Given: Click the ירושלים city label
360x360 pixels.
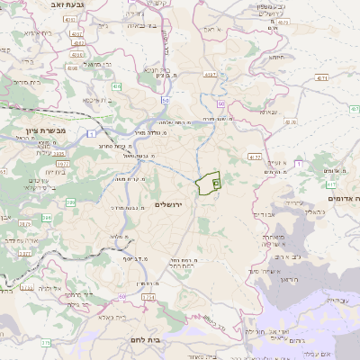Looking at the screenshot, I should point(168,206).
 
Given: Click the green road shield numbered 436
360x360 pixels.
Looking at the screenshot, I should point(117,86).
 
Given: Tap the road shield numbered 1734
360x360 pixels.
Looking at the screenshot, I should point(148,296).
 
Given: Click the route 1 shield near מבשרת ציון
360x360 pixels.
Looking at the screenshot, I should point(94,133).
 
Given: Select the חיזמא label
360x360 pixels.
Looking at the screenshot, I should point(277,58).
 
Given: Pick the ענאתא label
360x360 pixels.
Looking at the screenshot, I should point(266,113).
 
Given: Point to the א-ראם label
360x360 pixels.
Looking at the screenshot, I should point(212,30).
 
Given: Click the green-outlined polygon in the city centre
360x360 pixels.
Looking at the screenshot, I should point(209,182).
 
